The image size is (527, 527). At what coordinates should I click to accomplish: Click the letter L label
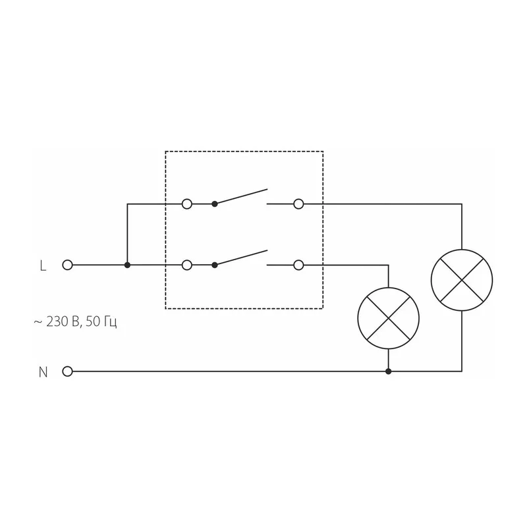(x=43, y=265)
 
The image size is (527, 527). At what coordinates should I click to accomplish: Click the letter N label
(x=43, y=372)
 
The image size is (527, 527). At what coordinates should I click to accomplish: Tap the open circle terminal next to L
(x=68, y=265)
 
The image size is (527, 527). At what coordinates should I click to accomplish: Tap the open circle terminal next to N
(x=68, y=372)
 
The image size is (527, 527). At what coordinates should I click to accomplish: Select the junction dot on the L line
(x=127, y=265)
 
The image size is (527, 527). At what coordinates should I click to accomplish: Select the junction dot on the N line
(x=388, y=372)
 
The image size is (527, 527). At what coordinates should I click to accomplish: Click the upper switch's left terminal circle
(x=187, y=204)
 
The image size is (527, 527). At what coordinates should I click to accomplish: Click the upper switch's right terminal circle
(x=298, y=204)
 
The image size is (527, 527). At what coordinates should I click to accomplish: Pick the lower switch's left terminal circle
(x=187, y=265)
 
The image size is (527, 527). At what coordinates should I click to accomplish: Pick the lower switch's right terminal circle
(x=298, y=265)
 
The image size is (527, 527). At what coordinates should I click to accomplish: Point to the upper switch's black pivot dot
(x=215, y=204)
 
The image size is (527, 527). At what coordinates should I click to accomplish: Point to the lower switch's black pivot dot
(x=215, y=265)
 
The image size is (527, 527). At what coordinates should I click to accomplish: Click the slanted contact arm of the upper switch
(x=241, y=196)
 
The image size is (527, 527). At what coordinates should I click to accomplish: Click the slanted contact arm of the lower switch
(x=241, y=258)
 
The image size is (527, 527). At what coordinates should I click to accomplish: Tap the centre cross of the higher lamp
(x=462, y=280)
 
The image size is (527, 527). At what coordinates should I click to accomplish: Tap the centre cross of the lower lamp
(x=388, y=318)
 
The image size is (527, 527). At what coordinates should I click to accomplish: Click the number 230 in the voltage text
(x=57, y=321)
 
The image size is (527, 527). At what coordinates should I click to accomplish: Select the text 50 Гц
(x=101, y=322)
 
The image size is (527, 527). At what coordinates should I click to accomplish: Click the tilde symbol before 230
(x=38, y=322)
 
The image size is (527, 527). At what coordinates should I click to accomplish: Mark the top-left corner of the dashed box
(x=165, y=152)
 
